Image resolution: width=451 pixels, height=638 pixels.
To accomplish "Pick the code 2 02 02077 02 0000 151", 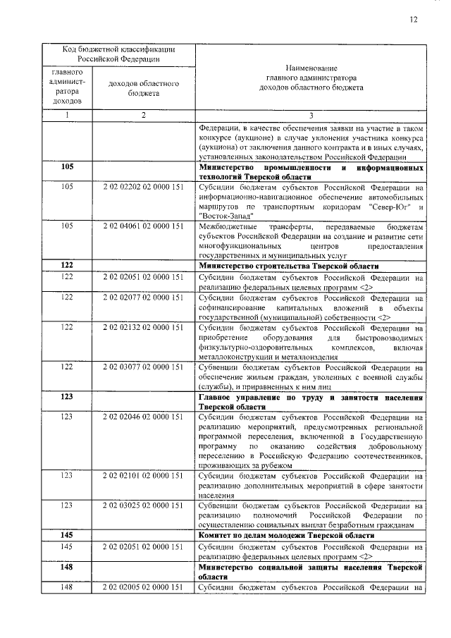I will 143,298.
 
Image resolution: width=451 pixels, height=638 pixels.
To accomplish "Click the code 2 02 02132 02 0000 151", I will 143,328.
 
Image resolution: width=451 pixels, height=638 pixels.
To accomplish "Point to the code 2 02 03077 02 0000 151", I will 143,367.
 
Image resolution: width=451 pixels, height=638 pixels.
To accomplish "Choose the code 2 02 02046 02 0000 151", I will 143,417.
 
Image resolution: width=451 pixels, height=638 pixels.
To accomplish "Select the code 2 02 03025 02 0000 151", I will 143,506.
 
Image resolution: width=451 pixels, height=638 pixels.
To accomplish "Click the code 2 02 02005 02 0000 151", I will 143,587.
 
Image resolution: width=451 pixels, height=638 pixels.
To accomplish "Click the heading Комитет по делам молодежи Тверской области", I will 287,536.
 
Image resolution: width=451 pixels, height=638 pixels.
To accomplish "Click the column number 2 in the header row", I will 143,115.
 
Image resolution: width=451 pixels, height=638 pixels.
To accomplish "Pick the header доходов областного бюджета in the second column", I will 143,88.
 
